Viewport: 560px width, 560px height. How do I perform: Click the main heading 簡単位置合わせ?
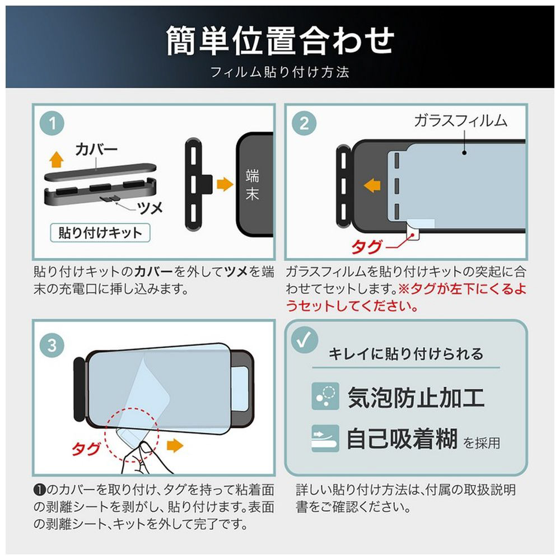click(x=280, y=41)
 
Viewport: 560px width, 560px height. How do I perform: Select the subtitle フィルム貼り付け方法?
click(x=280, y=72)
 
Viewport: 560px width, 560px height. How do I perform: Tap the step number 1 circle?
click(x=52, y=124)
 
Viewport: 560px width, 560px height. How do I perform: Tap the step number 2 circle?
click(x=304, y=124)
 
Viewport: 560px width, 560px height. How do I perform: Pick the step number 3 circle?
click(x=52, y=346)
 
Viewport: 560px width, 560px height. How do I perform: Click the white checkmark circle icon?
click(x=304, y=340)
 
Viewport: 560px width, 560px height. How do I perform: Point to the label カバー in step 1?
click(x=96, y=150)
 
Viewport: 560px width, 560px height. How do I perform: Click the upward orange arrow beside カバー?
click(x=57, y=159)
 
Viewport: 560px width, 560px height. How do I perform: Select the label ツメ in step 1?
click(x=150, y=208)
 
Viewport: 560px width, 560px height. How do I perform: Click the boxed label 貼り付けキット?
click(x=100, y=233)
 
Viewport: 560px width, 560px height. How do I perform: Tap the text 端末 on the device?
click(x=252, y=185)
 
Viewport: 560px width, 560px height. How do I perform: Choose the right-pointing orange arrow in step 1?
click(x=225, y=184)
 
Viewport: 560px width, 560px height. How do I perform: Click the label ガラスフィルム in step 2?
click(x=461, y=121)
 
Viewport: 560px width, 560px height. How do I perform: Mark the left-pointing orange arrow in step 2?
click(x=372, y=185)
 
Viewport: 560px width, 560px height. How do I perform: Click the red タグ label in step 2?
click(x=366, y=247)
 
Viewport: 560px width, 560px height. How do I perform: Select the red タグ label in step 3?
click(x=86, y=449)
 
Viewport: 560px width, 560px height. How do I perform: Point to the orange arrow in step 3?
click(x=175, y=446)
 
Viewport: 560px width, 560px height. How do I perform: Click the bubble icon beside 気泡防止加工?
click(x=325, y=396)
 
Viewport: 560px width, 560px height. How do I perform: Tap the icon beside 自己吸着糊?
click(x=325, y=438)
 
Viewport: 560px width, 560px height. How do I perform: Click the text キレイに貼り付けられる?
click(x=405, y=354)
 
